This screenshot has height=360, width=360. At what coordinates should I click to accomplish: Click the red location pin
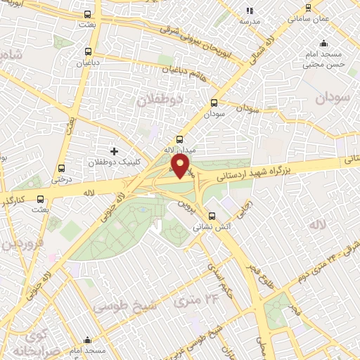point(181,167)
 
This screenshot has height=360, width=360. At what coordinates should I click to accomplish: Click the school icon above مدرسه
point(249,11)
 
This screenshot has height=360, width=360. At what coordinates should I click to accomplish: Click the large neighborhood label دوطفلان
point(160,99)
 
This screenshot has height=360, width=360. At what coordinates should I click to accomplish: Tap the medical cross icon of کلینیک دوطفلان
point(113,151)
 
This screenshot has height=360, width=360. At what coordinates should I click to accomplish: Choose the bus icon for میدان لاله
point(179,139)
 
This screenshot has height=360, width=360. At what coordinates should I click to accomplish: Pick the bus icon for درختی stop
point(62,168)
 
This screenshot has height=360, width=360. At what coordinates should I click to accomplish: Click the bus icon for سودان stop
point(214,103)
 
